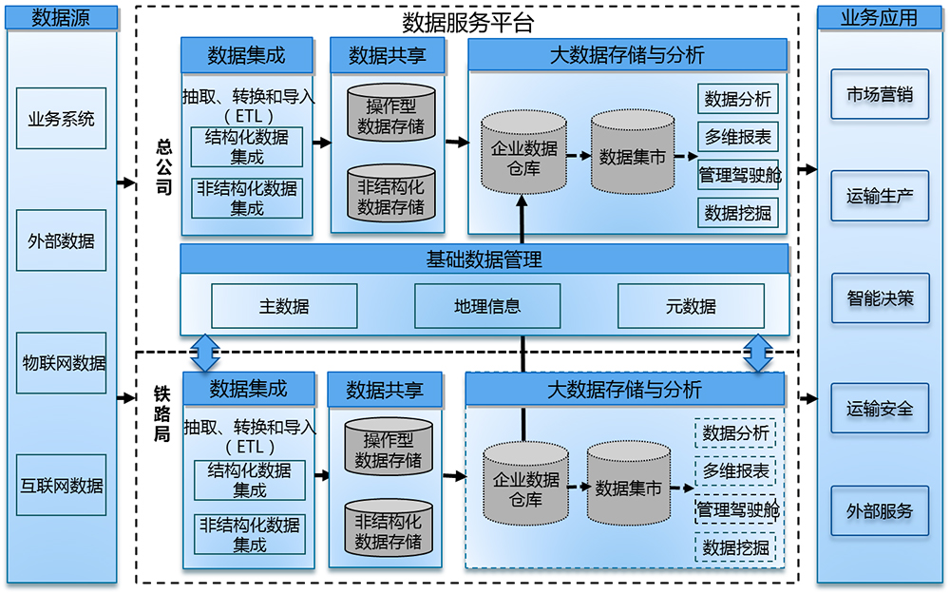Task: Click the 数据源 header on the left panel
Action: pos(62,17)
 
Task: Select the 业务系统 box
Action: pos(62,119)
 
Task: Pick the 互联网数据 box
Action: pos(62,486)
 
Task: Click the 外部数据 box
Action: pos(62,240)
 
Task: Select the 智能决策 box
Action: pos(880,298)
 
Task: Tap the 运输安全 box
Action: pos(880,409)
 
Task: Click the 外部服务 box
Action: pos(880,510)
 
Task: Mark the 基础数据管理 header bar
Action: pos(484,259)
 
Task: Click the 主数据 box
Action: pos(284,307)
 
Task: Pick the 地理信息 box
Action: pos(487,306)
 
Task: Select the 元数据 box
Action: pos(691,307)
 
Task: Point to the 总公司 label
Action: pos(163,166)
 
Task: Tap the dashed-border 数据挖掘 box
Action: pos(735,547)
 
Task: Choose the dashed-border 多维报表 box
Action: pos(735,471)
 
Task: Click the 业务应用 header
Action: pos(880,17)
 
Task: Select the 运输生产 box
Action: pos(880,196)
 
